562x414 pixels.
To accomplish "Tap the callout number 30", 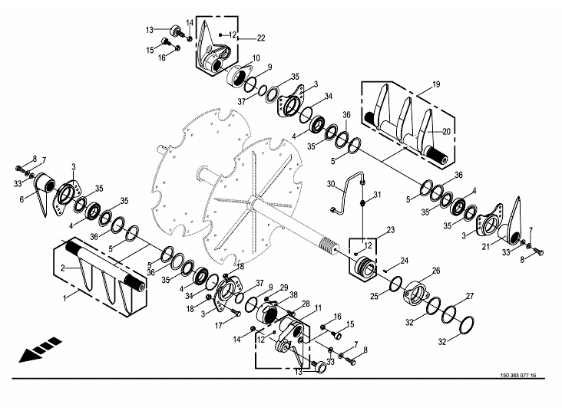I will (331, 184).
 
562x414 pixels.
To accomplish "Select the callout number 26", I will (435, 270).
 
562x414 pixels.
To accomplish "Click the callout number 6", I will (22, 199).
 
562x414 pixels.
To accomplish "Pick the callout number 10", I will (256, 58).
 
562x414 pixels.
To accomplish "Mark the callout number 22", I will (261, 37).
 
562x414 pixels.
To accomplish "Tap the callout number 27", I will (471, 295).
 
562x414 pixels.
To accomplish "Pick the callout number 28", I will (284, 304).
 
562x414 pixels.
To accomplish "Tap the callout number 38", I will (293, 295).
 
